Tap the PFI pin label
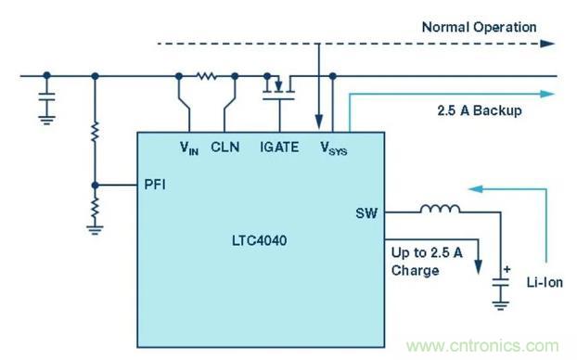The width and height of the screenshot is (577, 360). [x=156, y=185]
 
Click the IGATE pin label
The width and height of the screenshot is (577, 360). [x=280, y=146]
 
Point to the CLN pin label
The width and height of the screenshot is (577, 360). [x=225, y=146]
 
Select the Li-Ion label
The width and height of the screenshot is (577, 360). [x=540, y=279]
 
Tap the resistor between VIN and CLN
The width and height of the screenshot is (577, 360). [x=206, y=76]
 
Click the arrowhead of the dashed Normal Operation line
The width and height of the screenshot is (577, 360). [x=549, y=44]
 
